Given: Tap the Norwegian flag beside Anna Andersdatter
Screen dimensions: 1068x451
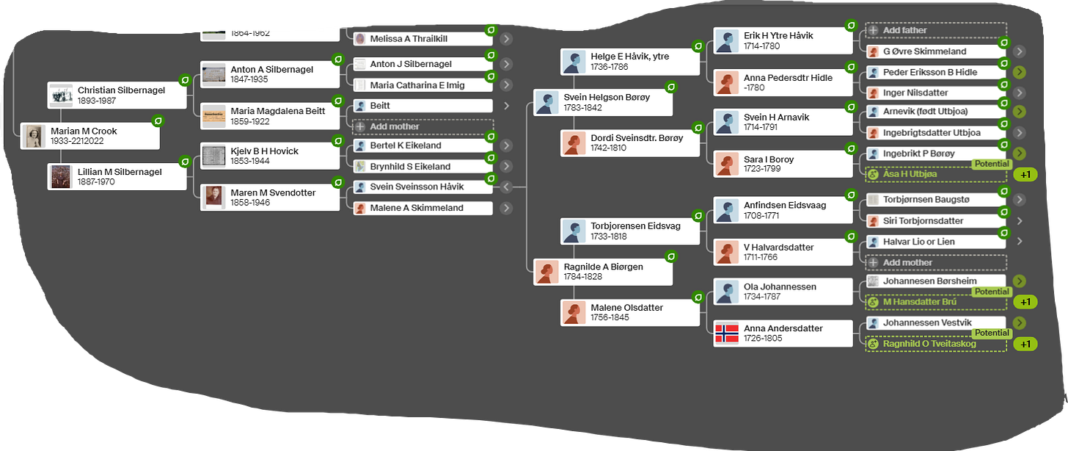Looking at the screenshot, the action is (727, 333).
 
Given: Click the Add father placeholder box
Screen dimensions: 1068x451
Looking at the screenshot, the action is (935, 31).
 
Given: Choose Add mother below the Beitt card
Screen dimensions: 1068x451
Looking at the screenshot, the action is (422, 126).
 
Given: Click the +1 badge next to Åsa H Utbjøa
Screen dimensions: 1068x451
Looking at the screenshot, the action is (1025, 175).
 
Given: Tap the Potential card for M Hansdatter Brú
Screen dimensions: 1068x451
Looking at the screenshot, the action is (935, 301).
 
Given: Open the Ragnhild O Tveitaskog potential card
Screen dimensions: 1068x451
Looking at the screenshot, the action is (935, 344).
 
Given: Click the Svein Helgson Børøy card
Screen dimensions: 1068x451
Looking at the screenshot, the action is (603, 102).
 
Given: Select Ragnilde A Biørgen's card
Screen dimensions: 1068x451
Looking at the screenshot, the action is (603, 272).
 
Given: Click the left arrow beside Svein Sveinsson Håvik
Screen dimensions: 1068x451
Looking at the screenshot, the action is (505, 187).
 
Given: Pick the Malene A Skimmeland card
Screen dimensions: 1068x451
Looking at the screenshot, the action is (422, 208).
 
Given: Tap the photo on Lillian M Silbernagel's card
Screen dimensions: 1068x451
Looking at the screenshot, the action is (60, 177).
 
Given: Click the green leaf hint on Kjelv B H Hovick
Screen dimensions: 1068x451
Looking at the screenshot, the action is (338, 140).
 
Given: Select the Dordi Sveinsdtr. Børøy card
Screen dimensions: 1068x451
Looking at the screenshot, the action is (629, 142).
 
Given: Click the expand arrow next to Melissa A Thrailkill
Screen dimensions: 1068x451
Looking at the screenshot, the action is (506, 38).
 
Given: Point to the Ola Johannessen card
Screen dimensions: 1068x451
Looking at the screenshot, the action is (782, 292).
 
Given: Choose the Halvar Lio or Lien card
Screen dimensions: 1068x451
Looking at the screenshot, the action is (935, 242).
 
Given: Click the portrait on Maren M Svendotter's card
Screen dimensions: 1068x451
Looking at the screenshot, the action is (213, 197).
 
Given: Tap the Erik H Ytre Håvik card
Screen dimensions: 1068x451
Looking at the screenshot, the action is (782, 40).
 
